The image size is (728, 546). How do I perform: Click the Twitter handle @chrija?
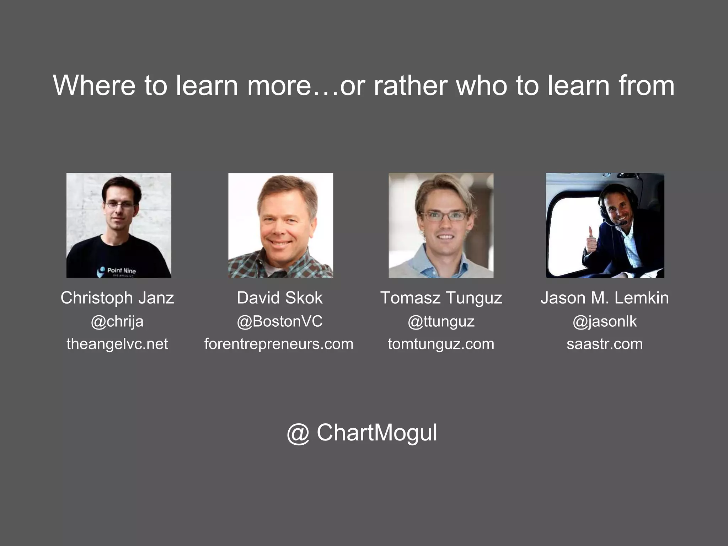[x=117, y=322]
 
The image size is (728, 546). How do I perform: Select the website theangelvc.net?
[x=117, y=344]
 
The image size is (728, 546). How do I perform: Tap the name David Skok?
[x=280, y=298]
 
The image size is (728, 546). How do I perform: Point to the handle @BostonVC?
[x=280, y=322]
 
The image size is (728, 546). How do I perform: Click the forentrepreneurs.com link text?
[x=279, y=344]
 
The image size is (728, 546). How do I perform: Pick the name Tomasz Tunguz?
[x=441, y=298]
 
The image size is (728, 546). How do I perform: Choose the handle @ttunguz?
[x=441, y=322]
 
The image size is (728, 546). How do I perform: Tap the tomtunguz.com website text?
[x=441, y=344]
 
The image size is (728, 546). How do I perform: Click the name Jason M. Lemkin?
[x=605, y=298]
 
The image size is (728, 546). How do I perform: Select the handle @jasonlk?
[x=605, y=322]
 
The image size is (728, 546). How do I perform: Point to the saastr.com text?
[x=605, y=344]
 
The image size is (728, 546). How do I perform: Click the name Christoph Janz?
[x=117, y=298]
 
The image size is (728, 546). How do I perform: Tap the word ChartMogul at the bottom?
[x=377, y=433]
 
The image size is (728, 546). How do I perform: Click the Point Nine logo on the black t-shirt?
[x=117, y=271]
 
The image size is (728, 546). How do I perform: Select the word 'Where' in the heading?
[x=94, y=86]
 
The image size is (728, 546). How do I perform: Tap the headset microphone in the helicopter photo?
[x=623, y=223]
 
